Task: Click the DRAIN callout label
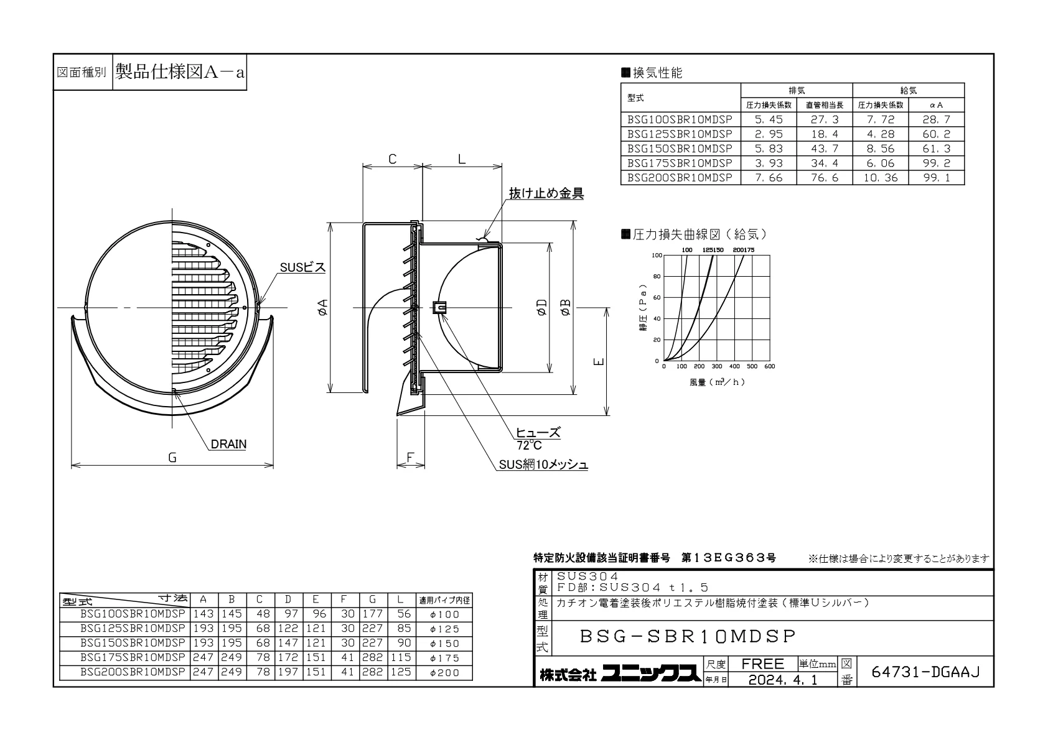(228, 444)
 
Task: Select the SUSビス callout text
(302, 267)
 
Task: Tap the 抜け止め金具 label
(546, 193)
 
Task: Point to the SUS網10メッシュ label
(543, 465)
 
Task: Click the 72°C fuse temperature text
(529, 445)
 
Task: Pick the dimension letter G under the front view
(172, 458)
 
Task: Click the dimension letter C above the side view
(393, 159)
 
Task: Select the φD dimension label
(542, 308)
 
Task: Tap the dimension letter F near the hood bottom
(410, 457)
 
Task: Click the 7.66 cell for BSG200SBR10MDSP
(769, 178)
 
